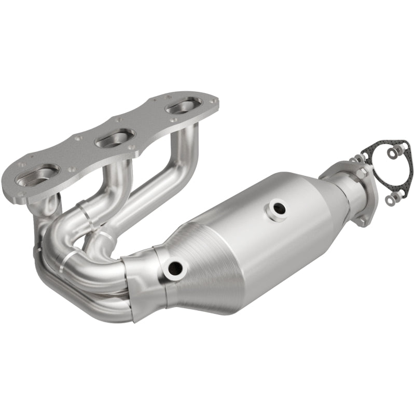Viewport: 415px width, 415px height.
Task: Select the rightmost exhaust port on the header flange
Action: point(183,109)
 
